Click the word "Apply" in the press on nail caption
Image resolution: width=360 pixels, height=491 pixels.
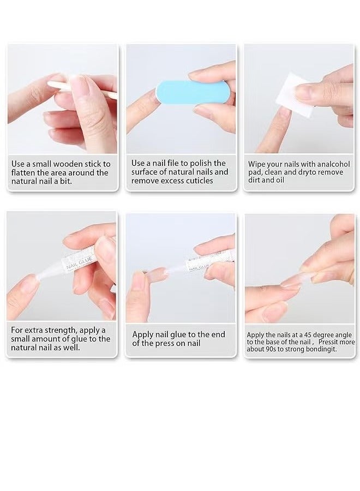pyautogui.click(x=143, y=334)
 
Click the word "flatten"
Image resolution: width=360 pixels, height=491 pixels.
pyautogui.click(x=24, y=173)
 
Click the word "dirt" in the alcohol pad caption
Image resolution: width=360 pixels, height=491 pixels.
pyautogui.click(x=256, y=181)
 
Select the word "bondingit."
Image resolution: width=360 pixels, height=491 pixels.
pyautogui.click(x=319, y=349)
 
